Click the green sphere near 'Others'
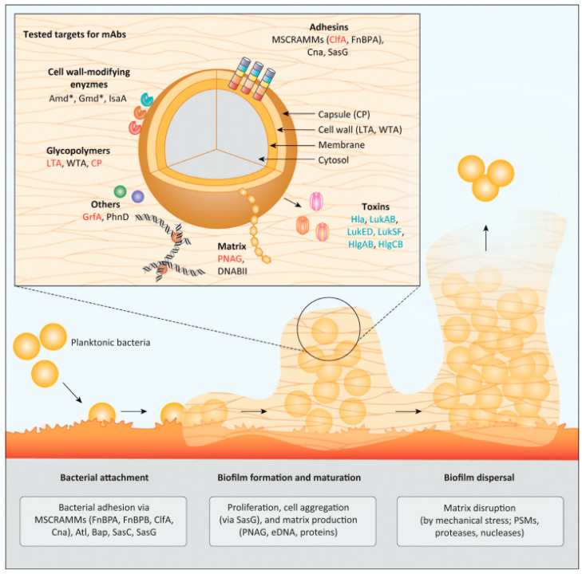[x=121, y=191]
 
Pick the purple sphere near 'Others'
[x=137, y=195]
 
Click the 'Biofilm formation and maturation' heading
[x=290, y=478]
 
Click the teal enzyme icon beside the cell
[x=147, y=100]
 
